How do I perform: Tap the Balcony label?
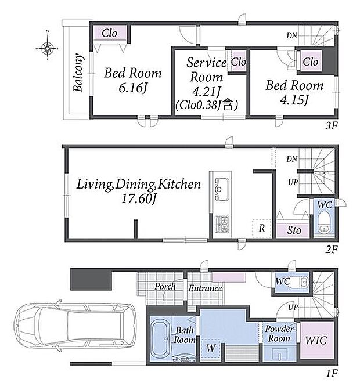(78, 73)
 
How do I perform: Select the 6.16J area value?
(132, 88)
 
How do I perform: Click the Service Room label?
(207, 70)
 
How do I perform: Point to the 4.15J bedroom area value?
(294, 100)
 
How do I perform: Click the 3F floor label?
(332, 126)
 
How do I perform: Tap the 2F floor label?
(332, 249)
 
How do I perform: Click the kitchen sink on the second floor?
(219, 189)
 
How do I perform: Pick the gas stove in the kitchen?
(221, 223)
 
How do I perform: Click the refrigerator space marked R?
(261, 228)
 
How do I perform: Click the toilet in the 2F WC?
(324, 223)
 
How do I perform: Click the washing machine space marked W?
(210, 348)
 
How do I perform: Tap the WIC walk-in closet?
(316, 340)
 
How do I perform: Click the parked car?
(75, 326)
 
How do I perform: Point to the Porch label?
(165, 286)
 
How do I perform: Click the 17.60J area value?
(138, 198)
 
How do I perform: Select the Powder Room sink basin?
(280, 353)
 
